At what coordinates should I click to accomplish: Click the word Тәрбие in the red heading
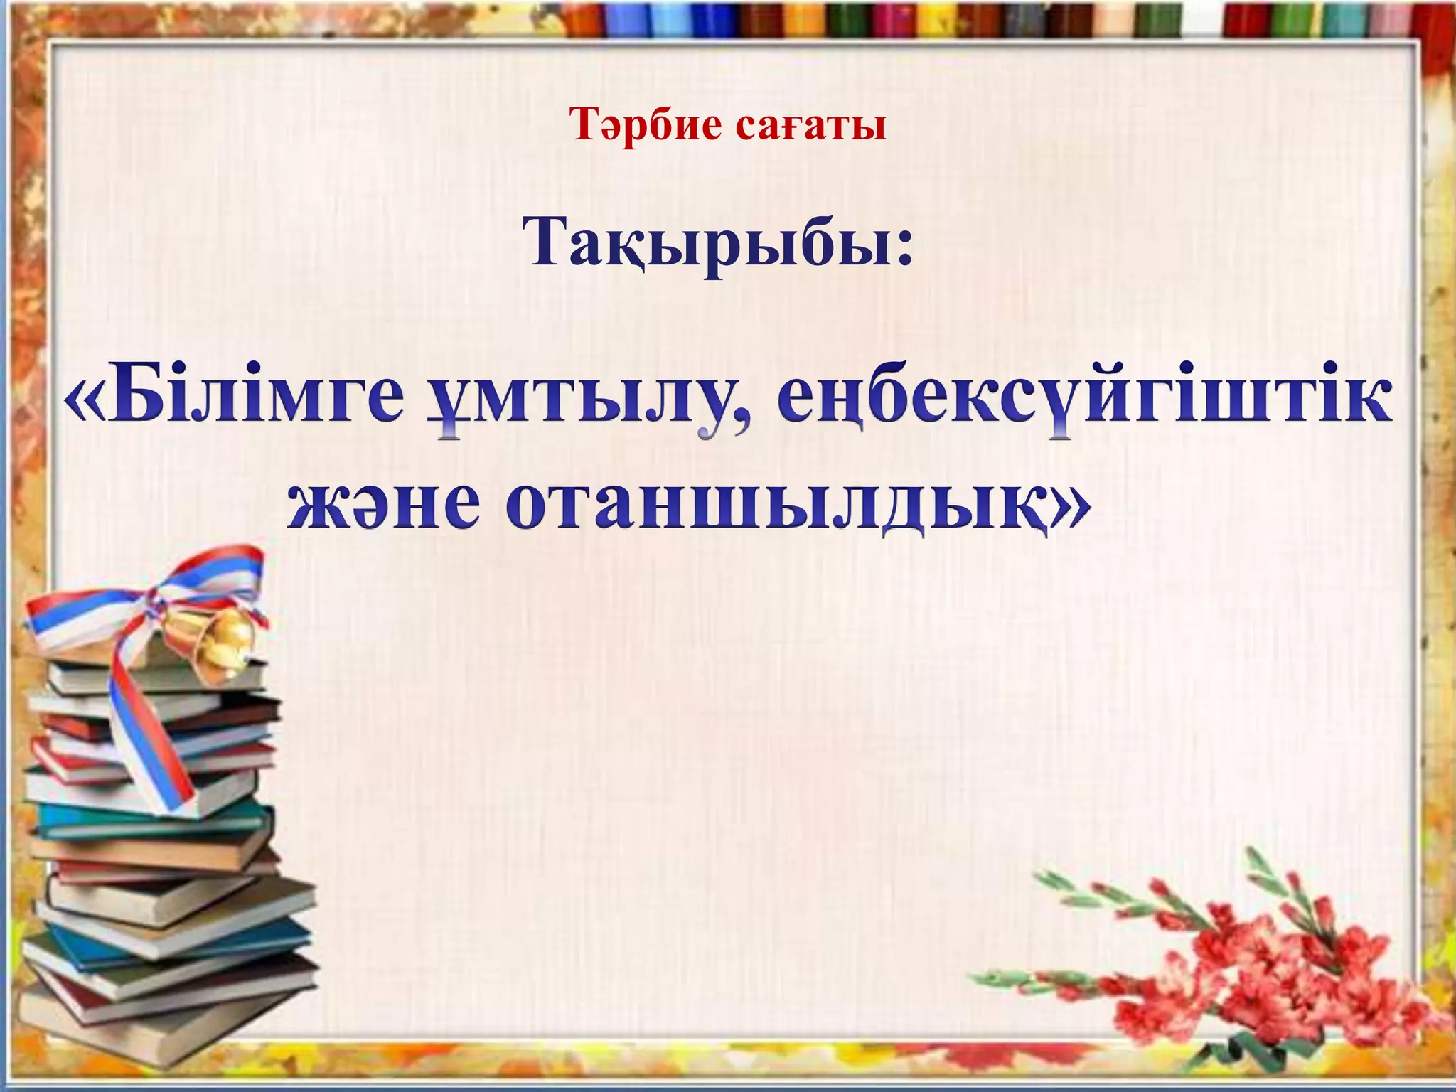click(645, 126)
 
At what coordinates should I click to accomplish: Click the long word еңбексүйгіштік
click(1081, 402)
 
